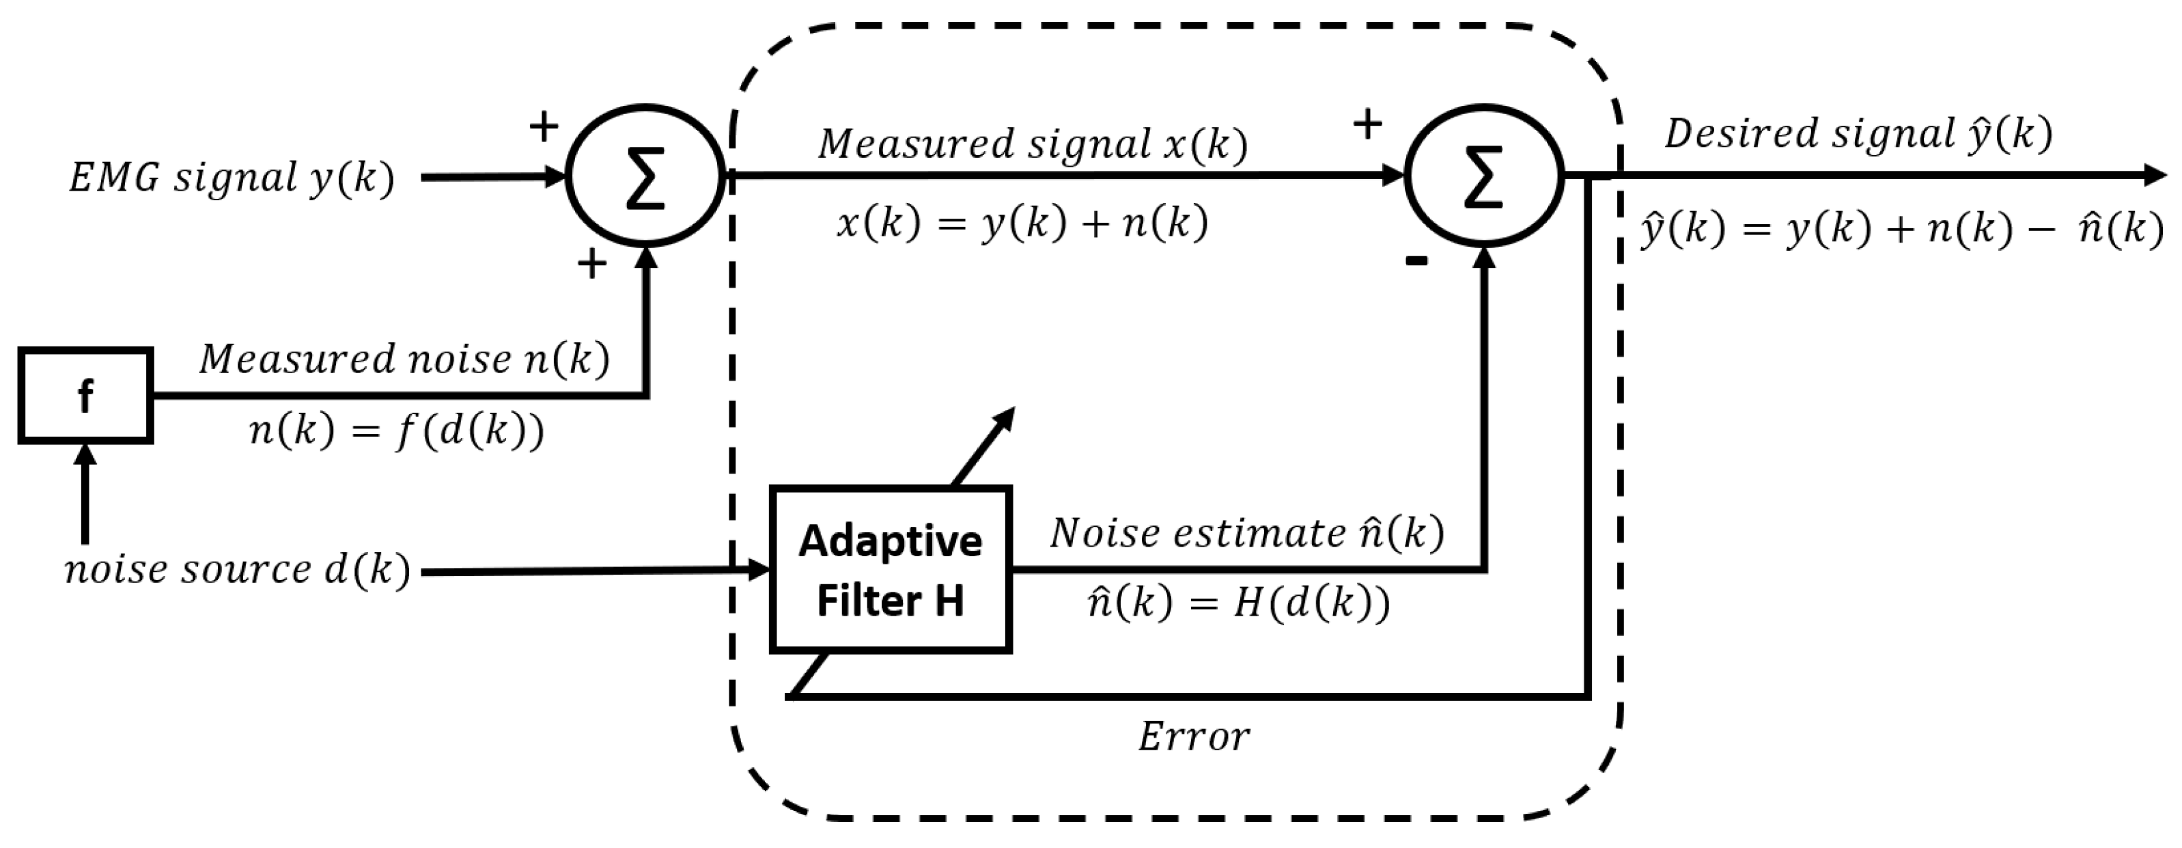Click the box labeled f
pyautogui.click(x=85, y=395)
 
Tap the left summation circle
pyautogui.click(x=645, y=176)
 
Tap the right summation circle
pyautogui.click(x=1484, y=176)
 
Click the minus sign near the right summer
pyautogui.click(x=1416, y=261)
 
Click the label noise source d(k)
pyautogui.click(x=237, y=570)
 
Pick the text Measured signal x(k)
pyautogui.click(x=1033, y=144)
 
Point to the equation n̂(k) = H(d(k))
pyautogui.click(x=1237, y=604)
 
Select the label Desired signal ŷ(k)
pyautogui.click(x=1858, y=134)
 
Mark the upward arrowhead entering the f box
pyautogui.click(x=85, y=454)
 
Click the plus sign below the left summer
pyautogui.click(x=592, y=264)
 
